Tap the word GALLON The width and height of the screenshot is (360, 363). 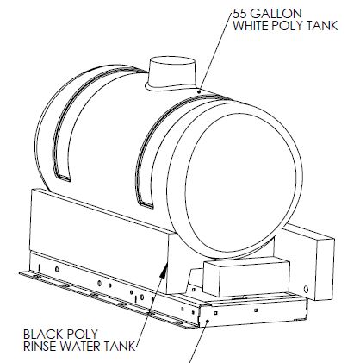[272, 13]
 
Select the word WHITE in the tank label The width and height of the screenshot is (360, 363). [248, 26]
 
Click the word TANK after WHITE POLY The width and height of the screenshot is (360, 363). [322, 26]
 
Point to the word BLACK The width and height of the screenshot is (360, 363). [41, 335]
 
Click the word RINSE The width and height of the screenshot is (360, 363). [40, 347]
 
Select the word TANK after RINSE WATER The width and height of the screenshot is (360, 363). [119, 347]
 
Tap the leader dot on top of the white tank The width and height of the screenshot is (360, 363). [200, 91]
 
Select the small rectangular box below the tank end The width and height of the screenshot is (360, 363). [246, 277]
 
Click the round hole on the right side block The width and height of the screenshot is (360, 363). [306, 289]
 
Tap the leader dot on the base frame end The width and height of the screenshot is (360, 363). [208, 321]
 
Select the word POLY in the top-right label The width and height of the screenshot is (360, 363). [285, 26]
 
